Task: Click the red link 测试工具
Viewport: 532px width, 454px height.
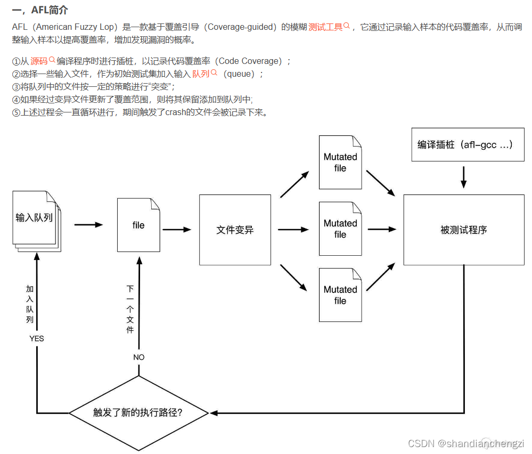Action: (325, 27)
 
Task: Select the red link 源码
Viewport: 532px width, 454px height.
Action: (39, 61)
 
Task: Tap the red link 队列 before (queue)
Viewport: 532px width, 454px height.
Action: (201, 74)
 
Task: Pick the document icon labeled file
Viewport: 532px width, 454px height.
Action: (138, 225)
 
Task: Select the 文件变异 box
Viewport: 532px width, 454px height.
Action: (235, 230)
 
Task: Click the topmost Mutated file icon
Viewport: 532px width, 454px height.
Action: (340, 163)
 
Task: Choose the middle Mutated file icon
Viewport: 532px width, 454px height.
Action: (340, 229)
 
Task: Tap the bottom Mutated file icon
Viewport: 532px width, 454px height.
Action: (340, 295)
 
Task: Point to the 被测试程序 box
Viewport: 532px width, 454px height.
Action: (463, 230)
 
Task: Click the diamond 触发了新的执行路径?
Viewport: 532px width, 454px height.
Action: (138, 412)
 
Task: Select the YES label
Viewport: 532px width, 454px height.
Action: (37, 338)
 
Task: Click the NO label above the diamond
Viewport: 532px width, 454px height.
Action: (138, 357)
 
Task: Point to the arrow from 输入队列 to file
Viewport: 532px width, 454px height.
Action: (88, 225)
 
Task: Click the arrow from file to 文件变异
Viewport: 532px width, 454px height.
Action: (177, 230)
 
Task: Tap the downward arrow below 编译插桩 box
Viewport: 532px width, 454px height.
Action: (463, 177)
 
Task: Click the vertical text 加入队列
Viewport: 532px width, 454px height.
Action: (30, 304)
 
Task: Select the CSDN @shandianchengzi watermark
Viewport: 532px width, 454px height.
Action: (465, 443)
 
